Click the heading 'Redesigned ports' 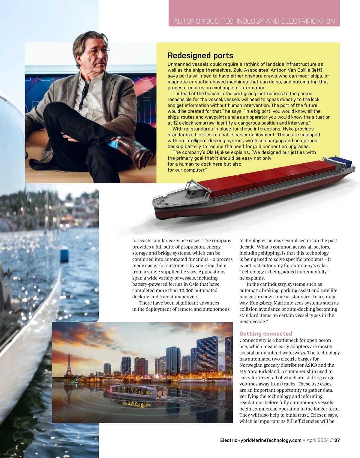[x=200, y=56]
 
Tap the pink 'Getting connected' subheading [x=265, y=334]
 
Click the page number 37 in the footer [x=337, y=440]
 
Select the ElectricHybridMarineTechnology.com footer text [x=260, y=440]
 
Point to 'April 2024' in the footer [x=317, y=440]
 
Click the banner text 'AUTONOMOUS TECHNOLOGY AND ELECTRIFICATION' [x=254, y=21]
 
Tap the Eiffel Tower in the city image [x=68, y=365]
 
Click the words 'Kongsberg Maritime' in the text [x=273, y=303]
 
